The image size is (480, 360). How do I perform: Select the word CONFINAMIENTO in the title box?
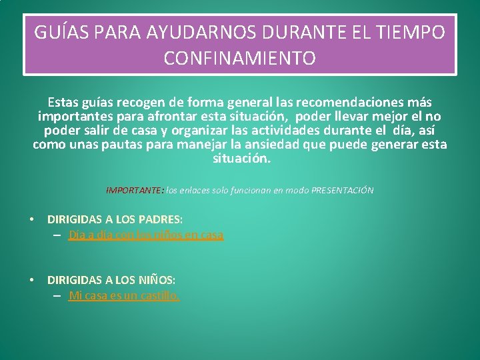[240, 59]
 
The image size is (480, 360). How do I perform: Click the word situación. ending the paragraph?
[241, 159]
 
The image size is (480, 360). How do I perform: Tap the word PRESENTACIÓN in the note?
[342, 191]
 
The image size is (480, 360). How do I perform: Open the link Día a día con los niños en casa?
[146, 235]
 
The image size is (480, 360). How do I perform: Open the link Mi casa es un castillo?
[124, 295]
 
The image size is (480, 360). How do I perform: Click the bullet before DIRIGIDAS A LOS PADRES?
[31, 219]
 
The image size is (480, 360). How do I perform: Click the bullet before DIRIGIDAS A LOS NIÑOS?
[31, 280]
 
